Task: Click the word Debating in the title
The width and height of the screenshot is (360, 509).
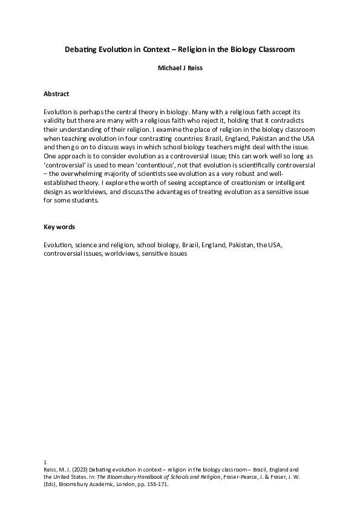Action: pyautogui.click(x=82, y=50)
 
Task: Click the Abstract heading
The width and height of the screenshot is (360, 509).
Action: pyautogui.click(x=56, y=94)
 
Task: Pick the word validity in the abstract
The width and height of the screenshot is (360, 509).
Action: pyautogui.click(x=54, y=122)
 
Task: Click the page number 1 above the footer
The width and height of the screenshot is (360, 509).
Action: pyautogui.click(x=45, y=462)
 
